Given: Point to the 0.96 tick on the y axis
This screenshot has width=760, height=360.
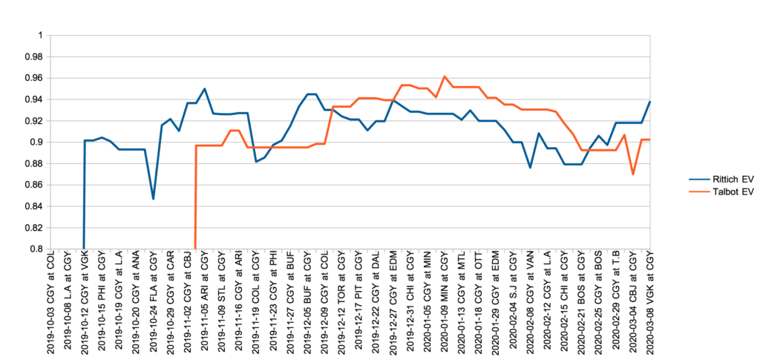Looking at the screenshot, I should [36, 78].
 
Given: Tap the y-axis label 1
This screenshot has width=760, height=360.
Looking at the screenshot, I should [41, 35].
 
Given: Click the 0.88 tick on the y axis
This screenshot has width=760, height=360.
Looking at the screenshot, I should [36, 163].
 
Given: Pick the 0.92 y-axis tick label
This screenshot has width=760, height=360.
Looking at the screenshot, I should [36, 120].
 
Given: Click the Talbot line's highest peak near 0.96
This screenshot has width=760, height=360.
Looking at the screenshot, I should [444, 76].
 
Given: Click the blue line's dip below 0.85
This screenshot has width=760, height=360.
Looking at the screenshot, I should [153, 199].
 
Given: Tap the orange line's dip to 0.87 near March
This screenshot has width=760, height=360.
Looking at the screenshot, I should [633, 174].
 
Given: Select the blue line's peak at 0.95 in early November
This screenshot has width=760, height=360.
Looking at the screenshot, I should [204, 89].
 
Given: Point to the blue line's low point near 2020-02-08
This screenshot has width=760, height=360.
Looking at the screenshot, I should [530, 168].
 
